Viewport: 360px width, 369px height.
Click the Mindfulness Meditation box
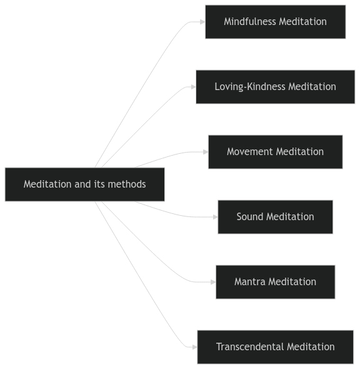click(275, 22)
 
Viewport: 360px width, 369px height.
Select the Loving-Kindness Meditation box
click(275, 87)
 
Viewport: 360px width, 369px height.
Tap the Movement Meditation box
click(275, 152)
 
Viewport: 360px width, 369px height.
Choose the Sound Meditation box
click(275, 217)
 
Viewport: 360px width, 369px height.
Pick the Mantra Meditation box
click(275, 282)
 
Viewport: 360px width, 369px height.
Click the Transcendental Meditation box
click(275, 347)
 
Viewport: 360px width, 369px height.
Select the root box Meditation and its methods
click(84, 184)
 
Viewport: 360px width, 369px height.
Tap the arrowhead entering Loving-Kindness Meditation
click(193, 87)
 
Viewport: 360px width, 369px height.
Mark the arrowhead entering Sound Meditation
click(215, 217)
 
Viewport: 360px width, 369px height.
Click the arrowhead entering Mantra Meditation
click(212, 282)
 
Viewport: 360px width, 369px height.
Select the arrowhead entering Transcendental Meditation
click(194, 347)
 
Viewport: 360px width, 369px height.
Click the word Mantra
click(249, 282)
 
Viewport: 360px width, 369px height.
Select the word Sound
click(250, 217)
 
